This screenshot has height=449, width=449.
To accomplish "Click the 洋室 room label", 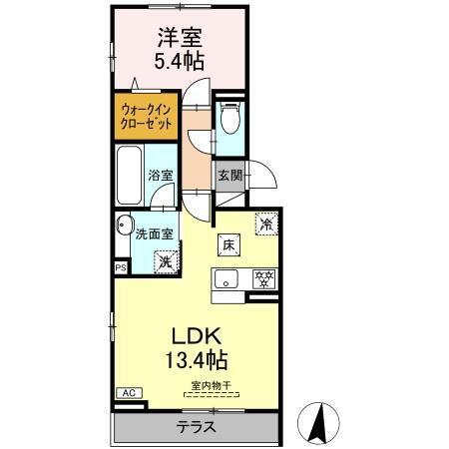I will [x=179, y=39].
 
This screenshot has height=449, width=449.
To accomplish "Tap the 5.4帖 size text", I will [x=180, y=61].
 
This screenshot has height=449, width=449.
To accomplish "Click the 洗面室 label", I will [x=155, y=234].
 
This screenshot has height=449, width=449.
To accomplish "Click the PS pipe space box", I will [x=121, y=267].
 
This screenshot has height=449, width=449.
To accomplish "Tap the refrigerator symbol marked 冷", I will [x=265, y=224].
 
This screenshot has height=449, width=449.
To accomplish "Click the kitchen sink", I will [x=225, y=279].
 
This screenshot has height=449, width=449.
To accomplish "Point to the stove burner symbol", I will [x=263, y=279].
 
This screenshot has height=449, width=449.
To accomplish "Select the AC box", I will [x=130, y=393].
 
